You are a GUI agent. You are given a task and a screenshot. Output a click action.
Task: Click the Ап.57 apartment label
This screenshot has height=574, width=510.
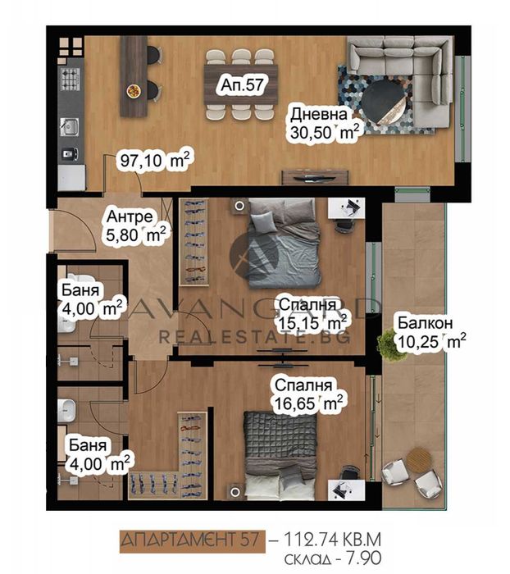(242, 85)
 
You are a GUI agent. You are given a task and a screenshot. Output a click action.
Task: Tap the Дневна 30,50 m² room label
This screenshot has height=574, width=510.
(321, 124)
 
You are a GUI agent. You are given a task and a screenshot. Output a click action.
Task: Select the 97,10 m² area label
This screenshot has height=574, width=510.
(155, 160)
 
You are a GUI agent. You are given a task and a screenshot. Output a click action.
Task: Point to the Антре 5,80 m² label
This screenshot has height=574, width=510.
(135, 226)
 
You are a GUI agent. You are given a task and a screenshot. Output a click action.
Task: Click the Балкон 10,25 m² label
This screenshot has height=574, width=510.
(431, 332)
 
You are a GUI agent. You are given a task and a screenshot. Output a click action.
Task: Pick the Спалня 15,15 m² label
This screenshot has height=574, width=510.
(312, 314)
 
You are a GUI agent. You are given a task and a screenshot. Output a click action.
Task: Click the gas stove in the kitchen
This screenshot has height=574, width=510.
(71, 80)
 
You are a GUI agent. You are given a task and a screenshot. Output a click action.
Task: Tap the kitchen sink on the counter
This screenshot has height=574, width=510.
(69, 126)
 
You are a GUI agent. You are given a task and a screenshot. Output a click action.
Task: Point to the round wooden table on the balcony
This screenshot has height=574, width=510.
(419, 459)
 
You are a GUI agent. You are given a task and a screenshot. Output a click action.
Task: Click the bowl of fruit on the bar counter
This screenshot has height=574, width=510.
(134, 91)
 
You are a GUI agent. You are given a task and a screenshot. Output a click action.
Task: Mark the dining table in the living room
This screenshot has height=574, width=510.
(241, 85)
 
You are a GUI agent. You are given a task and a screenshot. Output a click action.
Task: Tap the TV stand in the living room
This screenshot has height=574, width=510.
(315, 178)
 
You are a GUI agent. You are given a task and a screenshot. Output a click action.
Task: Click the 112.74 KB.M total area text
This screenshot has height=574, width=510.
(332, 540)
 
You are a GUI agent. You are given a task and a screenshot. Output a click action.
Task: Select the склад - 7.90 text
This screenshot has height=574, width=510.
(333, 558)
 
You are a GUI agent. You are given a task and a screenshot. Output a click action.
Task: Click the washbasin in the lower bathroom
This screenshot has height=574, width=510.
(66, 410)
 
